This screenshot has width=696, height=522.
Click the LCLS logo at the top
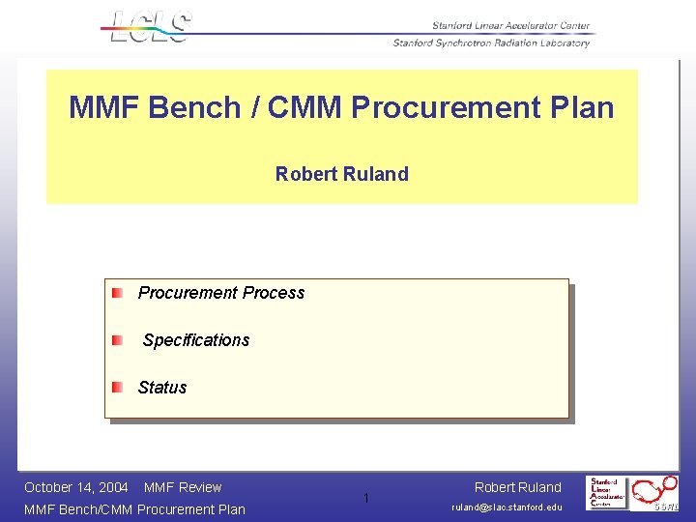[150, 26]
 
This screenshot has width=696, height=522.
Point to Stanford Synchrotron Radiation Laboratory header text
[491, 43]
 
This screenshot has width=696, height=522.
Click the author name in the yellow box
[341, 174]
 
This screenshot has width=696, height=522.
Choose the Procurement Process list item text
[220, 293]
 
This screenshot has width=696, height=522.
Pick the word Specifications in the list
[196, 340]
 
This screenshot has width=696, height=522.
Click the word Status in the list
[162, 388]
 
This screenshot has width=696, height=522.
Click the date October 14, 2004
[76, 487]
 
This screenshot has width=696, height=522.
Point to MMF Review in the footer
[183, 487]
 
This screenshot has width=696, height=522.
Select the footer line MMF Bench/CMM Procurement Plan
[134, 509]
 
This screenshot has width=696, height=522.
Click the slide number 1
[366, 499]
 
